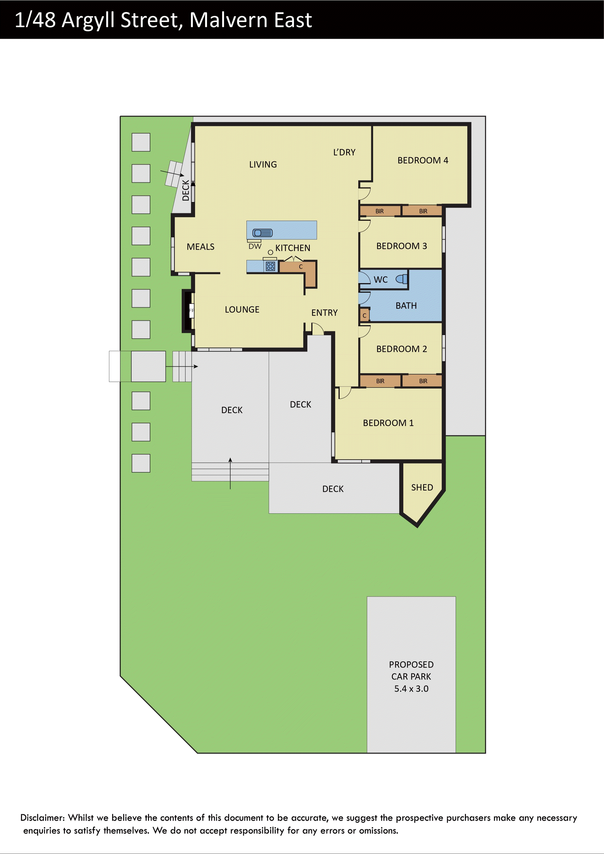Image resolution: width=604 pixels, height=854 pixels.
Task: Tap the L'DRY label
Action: tap(344, 152)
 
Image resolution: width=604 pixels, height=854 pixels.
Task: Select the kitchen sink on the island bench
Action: tap(263, 233)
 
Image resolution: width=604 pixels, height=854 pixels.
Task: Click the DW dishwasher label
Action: tap(255, 246)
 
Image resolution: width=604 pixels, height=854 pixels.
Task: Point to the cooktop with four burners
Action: tap(270, 266)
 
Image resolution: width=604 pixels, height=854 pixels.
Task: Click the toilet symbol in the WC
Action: tap(402, 279)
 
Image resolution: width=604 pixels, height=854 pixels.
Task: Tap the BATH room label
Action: tap(406, 305)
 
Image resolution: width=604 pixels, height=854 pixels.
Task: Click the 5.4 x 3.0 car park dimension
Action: tap(411, 689)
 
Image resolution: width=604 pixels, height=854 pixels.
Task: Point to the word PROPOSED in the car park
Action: tap(411, 664)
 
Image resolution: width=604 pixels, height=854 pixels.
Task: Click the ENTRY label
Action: tap(324, 312)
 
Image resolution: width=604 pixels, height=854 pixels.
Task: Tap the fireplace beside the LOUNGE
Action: tap(189, 311)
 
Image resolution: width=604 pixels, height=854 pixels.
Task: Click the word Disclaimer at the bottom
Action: tap(42, 817)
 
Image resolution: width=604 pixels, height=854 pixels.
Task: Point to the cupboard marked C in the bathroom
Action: tap(364, 315)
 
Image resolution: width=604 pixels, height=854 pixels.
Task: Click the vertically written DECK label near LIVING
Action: tap(186, 190)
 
